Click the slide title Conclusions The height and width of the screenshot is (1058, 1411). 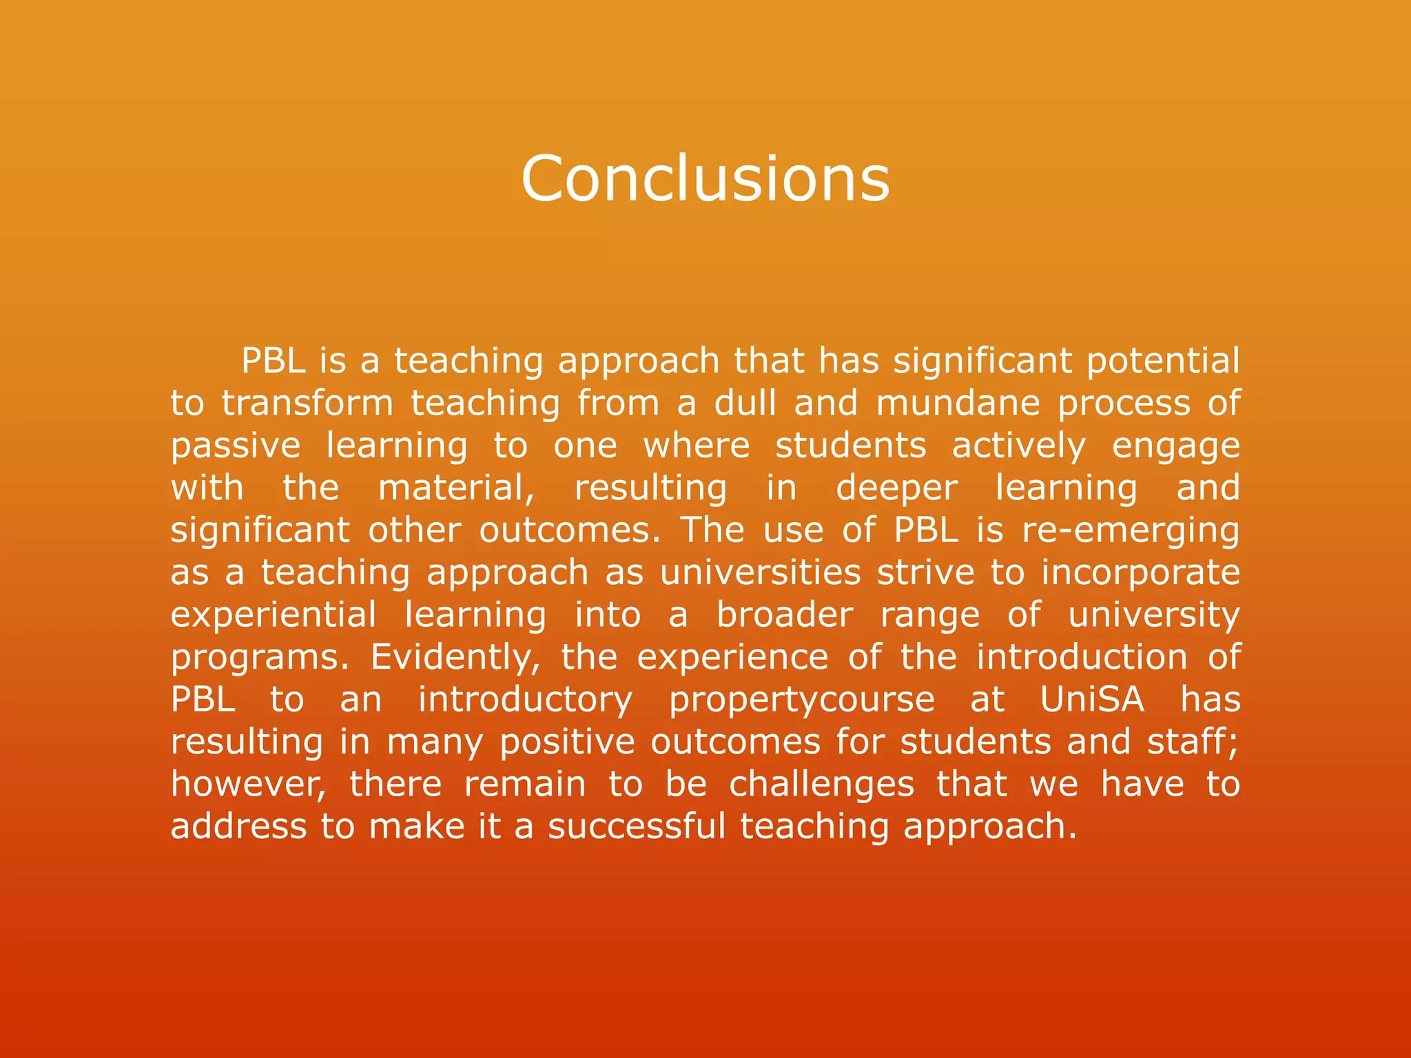pyautogui.click(x=705, y=178)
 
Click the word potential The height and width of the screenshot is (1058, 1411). pyautogui.click(x=1163, y=361)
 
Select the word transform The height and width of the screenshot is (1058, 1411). pyautogui.click(x=307, y=403)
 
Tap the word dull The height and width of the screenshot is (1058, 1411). pyautogui.click(x=745, y=403)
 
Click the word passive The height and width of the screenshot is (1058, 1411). pyautogui.click(x=236, y=446)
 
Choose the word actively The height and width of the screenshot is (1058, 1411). pyautogui.click(x=1018, y=446)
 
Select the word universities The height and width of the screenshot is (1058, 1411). pyautogui.click(x=761, y=573)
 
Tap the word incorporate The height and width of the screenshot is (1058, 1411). pyautogui.click(x=1140, y=573)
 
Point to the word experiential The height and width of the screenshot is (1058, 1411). pyautogui.click(x=274, y=615)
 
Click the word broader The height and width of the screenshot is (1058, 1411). pyautogui.click(x=785, y=615)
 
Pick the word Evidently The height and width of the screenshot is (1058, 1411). pyautogui.click(x=455, y=658)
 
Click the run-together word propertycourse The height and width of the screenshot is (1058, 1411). pyautogui.click(x=802, y=701)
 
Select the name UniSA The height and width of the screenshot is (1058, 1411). pyautogui.click(x=1092, y=700)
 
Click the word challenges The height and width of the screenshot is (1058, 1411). pyautogui.click(x=822, y=785)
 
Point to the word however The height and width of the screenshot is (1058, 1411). pyautogui.click(x=249, y=785)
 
